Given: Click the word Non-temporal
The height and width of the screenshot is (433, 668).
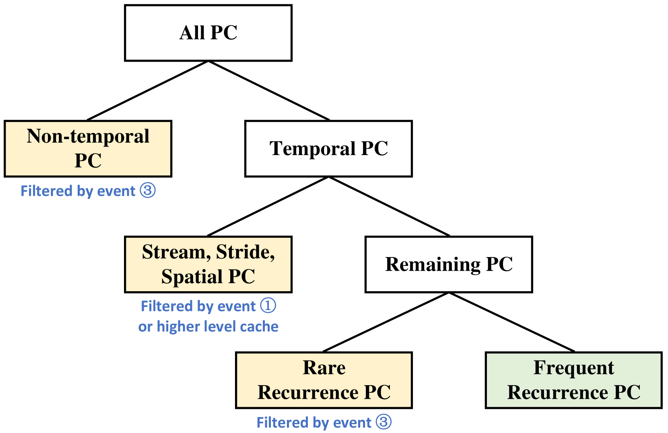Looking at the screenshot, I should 88,137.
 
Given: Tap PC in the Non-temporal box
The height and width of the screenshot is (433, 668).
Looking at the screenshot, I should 88,161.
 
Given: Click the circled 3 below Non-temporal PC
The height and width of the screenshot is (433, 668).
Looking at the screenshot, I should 148,191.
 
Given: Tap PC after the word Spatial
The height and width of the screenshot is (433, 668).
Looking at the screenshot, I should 241,277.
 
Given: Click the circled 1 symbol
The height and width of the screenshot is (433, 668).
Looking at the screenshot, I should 268,306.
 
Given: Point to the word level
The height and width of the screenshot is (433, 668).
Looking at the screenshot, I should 219,327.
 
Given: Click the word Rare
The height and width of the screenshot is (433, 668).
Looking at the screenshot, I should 324,368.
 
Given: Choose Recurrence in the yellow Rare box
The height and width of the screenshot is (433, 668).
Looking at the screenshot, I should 308,392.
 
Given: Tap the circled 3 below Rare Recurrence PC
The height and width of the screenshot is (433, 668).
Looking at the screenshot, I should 383,422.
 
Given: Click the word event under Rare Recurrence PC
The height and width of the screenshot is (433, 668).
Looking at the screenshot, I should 352,423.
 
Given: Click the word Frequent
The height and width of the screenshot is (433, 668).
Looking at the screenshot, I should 573,368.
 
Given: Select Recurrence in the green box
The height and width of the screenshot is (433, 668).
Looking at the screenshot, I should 558,392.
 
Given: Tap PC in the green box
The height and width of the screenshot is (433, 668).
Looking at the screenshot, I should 627,392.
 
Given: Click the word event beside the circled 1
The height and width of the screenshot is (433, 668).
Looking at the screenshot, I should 237,307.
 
